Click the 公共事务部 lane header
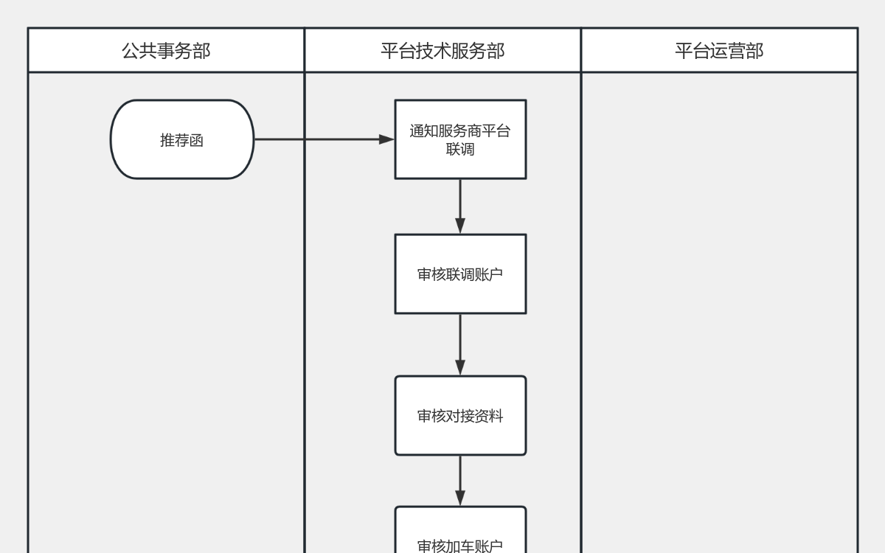coord(166,51)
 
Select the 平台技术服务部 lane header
coord(442,51)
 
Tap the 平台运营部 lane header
coord(719,51)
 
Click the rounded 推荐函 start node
coord(182,139)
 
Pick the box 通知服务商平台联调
coord(460,139)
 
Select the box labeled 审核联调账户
coord(460,274)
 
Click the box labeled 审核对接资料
coord(460,416)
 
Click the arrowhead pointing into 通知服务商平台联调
coord(386,139)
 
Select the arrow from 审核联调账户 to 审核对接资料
coord(460,344)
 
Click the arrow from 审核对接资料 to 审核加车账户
coord(460,479)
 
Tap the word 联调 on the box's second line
coord(460,150)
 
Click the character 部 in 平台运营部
coord(754,51)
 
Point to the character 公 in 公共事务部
coord(131,51)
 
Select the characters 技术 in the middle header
coord(434,51)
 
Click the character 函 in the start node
coord(196,140)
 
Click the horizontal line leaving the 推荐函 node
coord(317,139)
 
